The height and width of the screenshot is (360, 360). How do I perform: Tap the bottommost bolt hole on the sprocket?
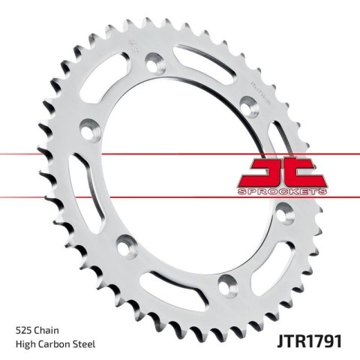(x=223, y=285)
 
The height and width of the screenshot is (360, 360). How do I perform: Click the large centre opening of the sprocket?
(x=172, y=172)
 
